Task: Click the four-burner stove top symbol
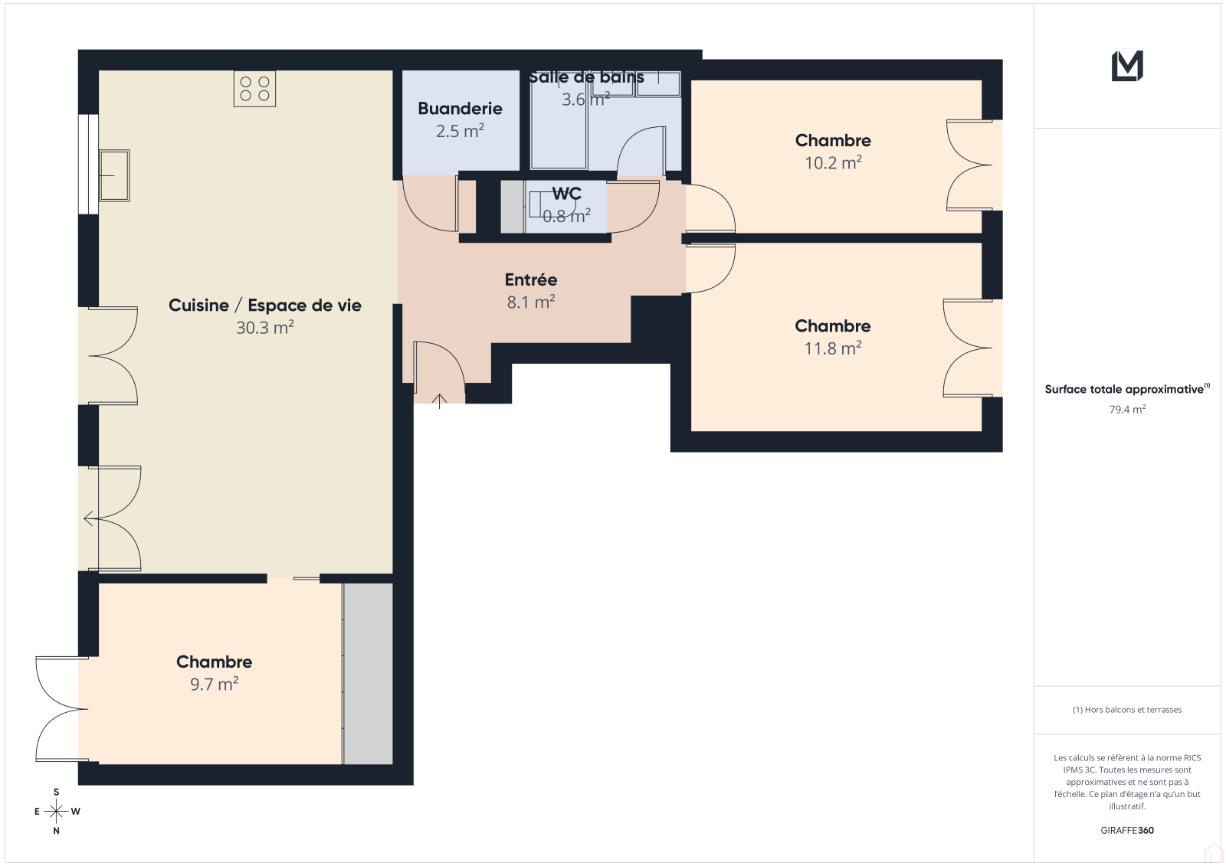pos(254,89)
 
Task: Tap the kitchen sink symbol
pos(114,175)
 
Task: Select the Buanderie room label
pos(460,108)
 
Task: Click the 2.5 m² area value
pos(460,131)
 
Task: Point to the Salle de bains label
pos(586,77)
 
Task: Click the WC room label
pos(566,193)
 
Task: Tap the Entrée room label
pos(531,279)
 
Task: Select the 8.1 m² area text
pos(531,302)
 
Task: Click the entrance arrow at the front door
pos(439,401)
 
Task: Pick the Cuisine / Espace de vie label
pos(265,306)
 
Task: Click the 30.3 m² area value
pos(265,327)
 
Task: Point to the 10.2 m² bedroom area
pos(833,162)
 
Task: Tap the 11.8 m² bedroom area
pos(833,348)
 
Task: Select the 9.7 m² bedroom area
pos(214,684)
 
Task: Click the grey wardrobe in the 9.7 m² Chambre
pos(368,674)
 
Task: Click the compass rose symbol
pos(57,811)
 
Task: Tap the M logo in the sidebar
pos(1127,66)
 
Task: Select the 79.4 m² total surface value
pos(1127,409)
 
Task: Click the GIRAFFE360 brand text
pos(1127,830)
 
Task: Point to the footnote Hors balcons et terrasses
pos(1127,710)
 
